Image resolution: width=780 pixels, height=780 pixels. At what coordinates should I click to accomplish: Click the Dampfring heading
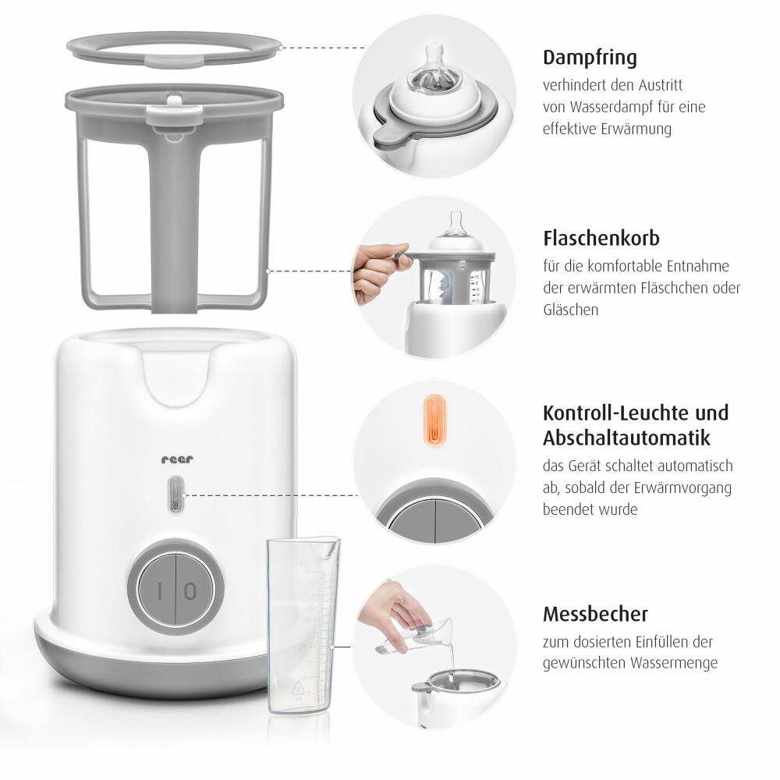590,58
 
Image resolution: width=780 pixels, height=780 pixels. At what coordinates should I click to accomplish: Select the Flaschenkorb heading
601,238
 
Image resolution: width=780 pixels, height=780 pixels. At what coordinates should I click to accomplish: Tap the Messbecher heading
595,615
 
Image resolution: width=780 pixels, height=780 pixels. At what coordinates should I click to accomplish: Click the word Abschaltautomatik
626,438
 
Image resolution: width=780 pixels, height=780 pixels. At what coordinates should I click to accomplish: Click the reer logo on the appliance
177,459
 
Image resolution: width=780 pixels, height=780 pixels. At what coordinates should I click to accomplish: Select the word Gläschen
571,310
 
